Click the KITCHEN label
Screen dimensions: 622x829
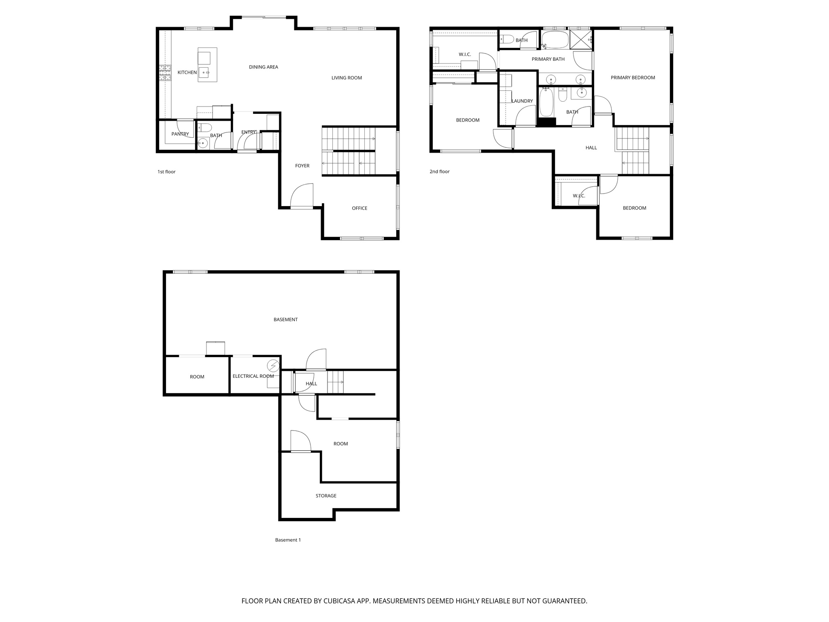[x=187, y=72]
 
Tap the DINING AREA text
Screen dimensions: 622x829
[x=263, y=67]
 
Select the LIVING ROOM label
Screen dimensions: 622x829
[x=346, y=78]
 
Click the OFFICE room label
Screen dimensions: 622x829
[x=359, y=208]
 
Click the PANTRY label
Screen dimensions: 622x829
[x=180, y=134]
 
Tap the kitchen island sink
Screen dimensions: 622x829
[x=204, y=73]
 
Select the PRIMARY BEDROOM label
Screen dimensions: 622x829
[x=633, y=78]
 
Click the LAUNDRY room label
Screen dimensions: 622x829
[x=522, y=101]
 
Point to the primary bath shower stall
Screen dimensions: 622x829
[x=580, y=40]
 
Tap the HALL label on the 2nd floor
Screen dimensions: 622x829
[x=591, y=148]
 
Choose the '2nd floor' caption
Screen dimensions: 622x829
[x=439, y=172]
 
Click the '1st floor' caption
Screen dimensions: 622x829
[x=166, y=172]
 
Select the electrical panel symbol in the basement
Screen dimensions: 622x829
[x=273, y=366]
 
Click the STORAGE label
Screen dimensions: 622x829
[x=326, y=496]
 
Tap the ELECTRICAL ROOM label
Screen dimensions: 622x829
[x=253, y=376]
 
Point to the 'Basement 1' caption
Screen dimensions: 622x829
[x=288, y=540]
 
